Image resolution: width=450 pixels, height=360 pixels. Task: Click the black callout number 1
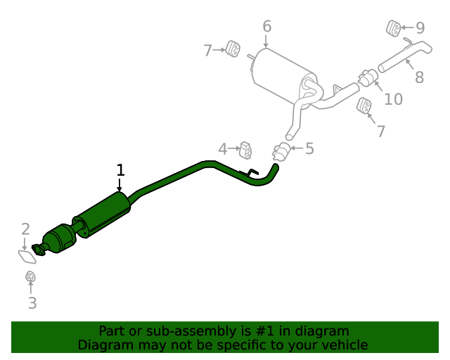coord(121,170)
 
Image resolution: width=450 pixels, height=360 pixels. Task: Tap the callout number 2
coord(25,229)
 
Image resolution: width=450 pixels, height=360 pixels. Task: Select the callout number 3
coord(32,303)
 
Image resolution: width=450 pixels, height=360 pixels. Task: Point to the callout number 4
coord(223,149)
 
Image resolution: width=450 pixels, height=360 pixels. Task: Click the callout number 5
coord(309,148)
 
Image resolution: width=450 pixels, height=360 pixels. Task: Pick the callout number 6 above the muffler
coord(267,26)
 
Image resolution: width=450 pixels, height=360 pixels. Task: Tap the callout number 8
coord(419,77)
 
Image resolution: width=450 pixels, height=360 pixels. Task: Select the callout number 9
coord(420,28)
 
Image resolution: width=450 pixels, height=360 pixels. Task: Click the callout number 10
coord(394,99)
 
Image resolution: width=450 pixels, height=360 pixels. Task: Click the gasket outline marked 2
coord(27,257)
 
